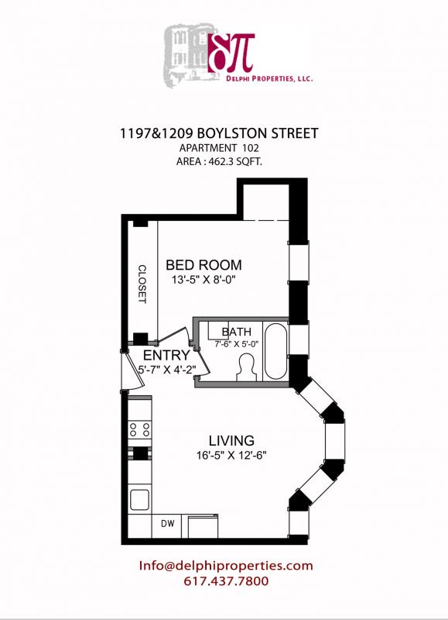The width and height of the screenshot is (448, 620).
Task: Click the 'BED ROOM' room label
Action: coord(203,264)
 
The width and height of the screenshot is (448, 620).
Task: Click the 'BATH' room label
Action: coord(236,332)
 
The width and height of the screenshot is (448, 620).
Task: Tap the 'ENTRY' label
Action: coord(166,355)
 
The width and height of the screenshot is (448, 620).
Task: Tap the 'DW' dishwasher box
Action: coord(166,524)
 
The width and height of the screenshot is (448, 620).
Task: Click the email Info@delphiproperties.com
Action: coord(225,566)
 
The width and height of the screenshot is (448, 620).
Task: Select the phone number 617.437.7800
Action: coord(225,581)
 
